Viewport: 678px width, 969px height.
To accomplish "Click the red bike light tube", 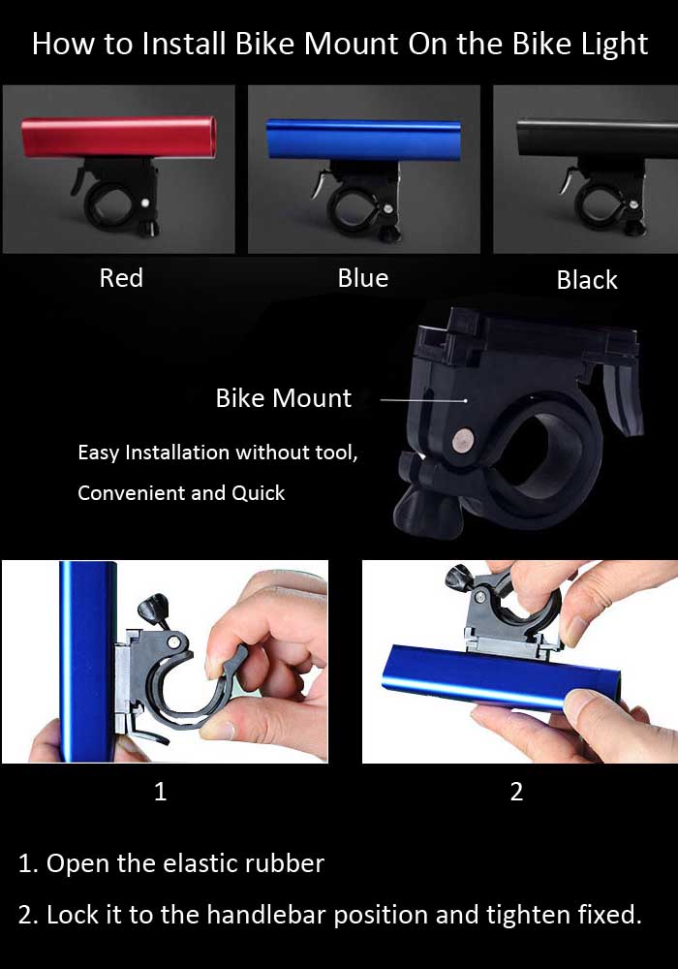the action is [x=118, y=138].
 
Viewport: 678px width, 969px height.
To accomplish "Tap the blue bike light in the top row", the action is [x=364, y=140].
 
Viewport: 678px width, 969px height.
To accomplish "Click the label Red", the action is [x=122, y=278].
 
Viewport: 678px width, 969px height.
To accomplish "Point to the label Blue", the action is [x=363, y=278].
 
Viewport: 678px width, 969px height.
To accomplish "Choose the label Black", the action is [x=587, y=280].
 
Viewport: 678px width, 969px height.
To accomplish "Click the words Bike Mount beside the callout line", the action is [x=284, y=398].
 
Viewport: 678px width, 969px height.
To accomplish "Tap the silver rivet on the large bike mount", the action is [x=462, y=441].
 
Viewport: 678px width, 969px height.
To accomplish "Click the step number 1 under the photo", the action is [x=160, y=792].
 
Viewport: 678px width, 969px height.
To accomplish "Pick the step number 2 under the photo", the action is [x=517, y=792].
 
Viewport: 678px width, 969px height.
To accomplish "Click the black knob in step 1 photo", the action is [x=153, y=607].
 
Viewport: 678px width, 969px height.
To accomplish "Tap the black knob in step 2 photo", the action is [x=460, y=578].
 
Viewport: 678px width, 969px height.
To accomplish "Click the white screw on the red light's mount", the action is [x=145, y=203].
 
